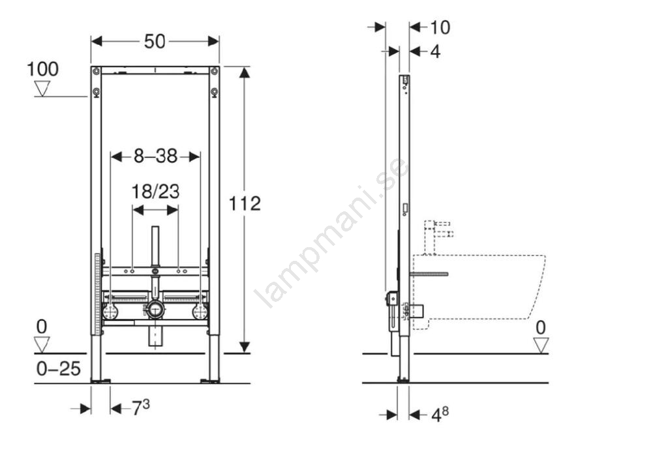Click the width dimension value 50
155,41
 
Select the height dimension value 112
245,203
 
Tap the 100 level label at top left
42,69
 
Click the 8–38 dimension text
155,157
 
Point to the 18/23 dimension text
155,192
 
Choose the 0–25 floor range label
58,369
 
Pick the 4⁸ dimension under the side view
440,414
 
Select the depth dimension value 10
440,27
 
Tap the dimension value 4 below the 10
435,52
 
